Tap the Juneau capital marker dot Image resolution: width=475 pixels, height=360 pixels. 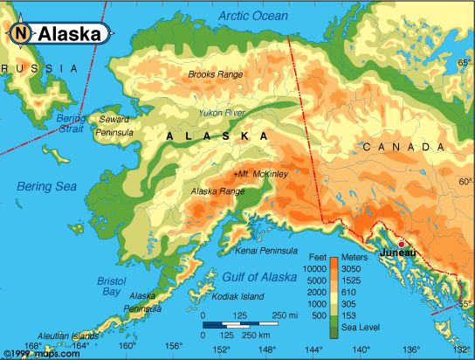click(x=401, y=244)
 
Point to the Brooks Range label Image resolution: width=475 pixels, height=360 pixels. click(x=216, y=75)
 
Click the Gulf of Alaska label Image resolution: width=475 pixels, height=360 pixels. click(x=261, y=277)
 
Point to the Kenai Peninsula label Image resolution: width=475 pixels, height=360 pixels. click(x=267, y=251)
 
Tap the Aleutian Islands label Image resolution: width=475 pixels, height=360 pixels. click(x=68, y=336)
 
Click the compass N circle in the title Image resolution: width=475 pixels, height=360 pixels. click(x=20, y=34)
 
